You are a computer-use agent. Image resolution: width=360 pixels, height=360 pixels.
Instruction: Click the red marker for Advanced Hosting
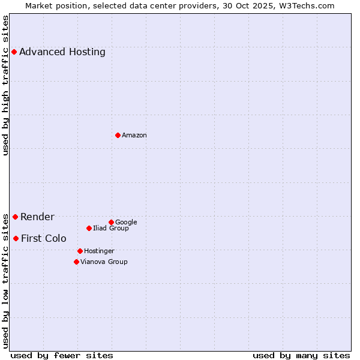[14, 52]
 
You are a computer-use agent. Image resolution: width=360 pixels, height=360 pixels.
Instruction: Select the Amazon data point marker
[118, 135]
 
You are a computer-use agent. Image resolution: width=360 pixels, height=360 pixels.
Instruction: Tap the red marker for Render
[15, 217]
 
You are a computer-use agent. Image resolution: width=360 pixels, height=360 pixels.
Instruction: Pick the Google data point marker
[111, 222]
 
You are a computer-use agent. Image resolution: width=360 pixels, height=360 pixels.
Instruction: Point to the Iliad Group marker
[89, 228]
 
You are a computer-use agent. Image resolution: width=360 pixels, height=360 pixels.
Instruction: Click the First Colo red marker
[16, 238]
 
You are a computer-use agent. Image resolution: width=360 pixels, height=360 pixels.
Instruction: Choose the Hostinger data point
[80, 251]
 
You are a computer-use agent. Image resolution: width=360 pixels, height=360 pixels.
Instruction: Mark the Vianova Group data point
[76, 262]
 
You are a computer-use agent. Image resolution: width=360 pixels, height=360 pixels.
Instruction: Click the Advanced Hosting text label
[62, 52]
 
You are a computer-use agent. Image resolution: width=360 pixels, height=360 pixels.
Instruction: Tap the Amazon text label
[134, 135]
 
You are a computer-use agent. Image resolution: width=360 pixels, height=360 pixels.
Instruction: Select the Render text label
[37, 217]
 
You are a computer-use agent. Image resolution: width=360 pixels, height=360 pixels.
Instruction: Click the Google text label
[126, 222]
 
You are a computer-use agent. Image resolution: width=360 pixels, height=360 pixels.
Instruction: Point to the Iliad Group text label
[111, 228]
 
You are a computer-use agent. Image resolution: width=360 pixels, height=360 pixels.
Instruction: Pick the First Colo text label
[44, 238]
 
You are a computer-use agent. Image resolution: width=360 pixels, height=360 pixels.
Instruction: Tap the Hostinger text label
[99, 251]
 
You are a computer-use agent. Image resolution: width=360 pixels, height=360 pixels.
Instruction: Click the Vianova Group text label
[104, 262]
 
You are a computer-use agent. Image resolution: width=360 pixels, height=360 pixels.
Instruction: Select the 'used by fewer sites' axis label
[62, 355]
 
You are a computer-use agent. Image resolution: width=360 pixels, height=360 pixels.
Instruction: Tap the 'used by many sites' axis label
[301, 355]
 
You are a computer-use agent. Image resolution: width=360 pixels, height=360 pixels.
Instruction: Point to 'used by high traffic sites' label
[6, 85]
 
